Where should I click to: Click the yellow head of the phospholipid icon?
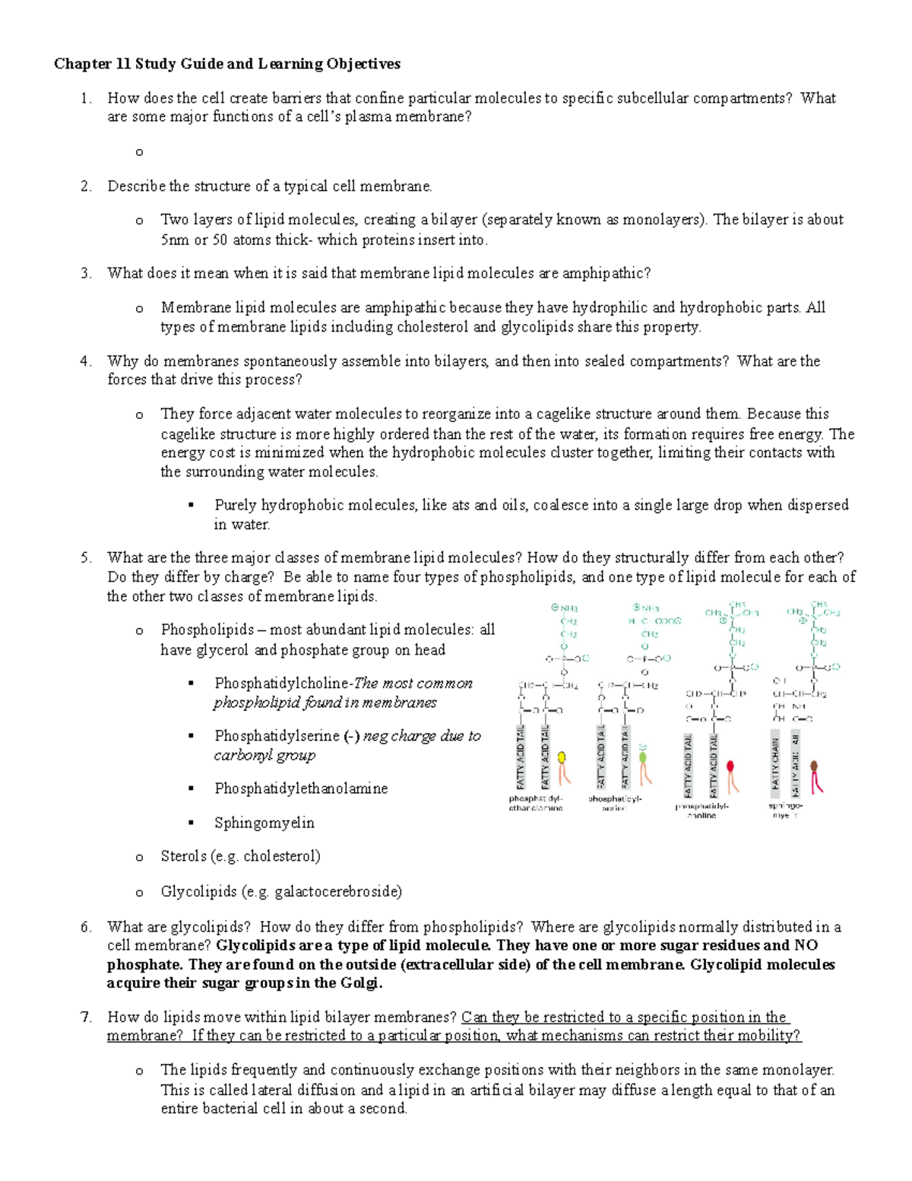[x=562, y=757]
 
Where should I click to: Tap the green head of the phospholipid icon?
[x=643, y=757]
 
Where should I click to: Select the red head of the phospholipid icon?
[x=731, y=766]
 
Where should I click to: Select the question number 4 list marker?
[x=86, y=361]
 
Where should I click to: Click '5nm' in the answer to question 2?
[x=175, y=240]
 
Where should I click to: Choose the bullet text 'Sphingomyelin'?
[x=264, y=823]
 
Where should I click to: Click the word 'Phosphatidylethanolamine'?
[x=301, y=789]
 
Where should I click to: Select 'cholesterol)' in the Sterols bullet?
[x=282, y=856]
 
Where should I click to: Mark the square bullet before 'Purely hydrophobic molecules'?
[x=192, y=506]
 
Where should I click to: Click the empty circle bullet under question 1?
[x=139, y=152]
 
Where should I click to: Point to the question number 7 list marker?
[x=86, y=1018]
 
